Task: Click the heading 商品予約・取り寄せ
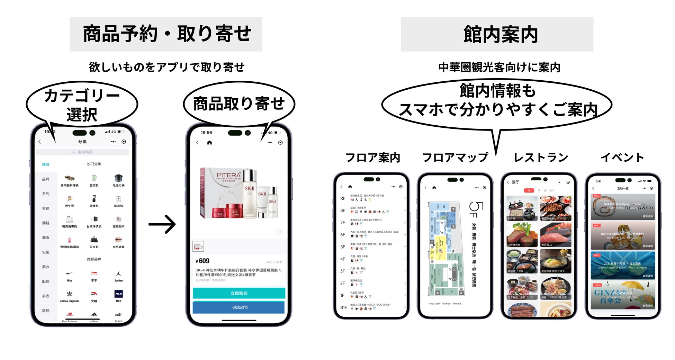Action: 166,34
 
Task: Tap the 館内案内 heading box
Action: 497,34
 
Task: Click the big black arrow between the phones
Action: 162,224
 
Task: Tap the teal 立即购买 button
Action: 239,293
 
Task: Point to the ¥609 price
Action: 202,261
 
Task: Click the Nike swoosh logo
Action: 70,273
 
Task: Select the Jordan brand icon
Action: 118,273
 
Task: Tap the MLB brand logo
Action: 118,294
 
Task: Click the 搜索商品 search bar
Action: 82,152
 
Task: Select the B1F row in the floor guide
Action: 372,307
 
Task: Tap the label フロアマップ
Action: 455,157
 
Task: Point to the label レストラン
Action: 541,157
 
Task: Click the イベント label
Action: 622,157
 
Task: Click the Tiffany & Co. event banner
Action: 623,207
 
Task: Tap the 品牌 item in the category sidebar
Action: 46,179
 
